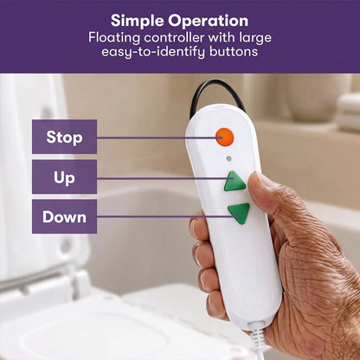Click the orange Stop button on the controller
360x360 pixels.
pos(225,137)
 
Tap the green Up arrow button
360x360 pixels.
pos(235,182)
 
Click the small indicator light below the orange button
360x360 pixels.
pos(228,158)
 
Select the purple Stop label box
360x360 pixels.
pos(64,137)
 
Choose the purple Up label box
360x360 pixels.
pos(64,177)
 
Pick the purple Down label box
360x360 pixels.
pos(64,216)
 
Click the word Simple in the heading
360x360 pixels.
pos(138,22)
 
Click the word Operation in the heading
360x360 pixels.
pos(209,22)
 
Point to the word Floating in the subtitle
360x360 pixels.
pos(114,37)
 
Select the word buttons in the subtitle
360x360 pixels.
pos(234,52)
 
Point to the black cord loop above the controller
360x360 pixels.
pos(217,93)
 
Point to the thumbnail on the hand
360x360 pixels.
pos(257,179)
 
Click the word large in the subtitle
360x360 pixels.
pos(255,38)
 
